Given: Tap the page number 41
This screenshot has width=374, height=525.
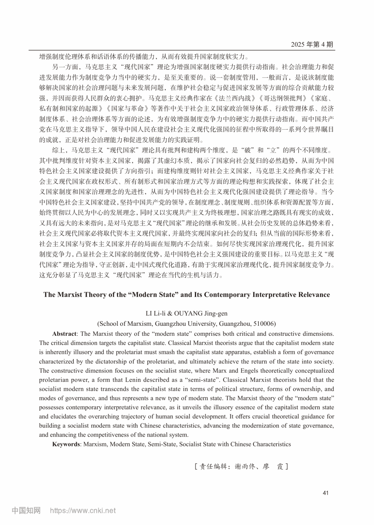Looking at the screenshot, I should click(325, 493).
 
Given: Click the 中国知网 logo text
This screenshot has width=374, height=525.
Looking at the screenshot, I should click(26, 510).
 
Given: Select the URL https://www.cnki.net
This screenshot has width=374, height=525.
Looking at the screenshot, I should click(83, 510).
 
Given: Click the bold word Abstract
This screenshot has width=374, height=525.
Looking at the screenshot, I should click(64, 334).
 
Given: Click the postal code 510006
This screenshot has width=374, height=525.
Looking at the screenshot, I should click(263, 324).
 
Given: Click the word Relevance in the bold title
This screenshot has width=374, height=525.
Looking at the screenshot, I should click(312, 295).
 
